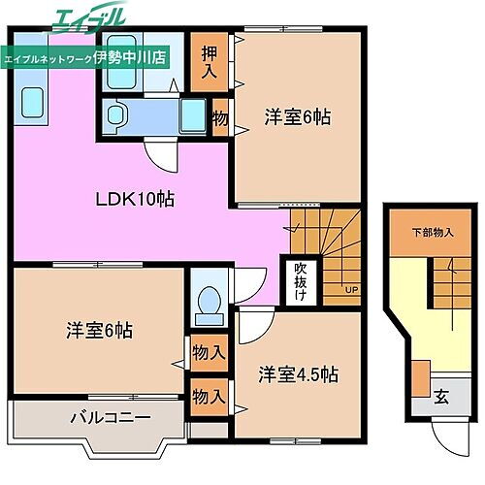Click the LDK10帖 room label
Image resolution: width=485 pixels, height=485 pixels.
134,200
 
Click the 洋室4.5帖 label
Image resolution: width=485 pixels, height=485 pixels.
298,372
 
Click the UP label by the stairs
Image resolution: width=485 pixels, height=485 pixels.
350,289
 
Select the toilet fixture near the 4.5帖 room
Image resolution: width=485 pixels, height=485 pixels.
208,304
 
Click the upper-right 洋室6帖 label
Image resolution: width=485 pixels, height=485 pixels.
298,117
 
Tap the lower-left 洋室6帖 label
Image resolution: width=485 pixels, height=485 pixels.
97,330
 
